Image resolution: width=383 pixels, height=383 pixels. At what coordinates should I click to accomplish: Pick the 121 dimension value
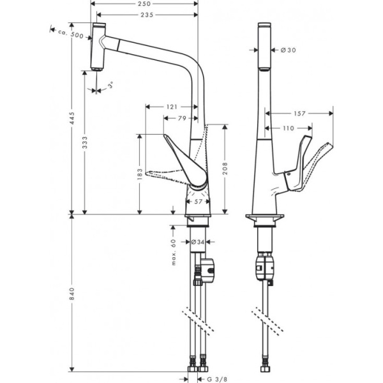[171, 107]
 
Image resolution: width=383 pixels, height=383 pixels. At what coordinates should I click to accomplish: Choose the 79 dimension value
[182, 118]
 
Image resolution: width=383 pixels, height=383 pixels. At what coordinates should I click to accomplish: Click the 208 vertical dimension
[225, 169]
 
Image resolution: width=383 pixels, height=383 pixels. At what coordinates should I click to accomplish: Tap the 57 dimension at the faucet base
[198, 202]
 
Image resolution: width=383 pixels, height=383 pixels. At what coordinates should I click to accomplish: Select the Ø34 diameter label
[198, 242]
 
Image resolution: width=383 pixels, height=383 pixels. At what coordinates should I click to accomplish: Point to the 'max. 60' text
[173, 245]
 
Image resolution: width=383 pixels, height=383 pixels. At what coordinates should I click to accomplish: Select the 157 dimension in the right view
[299, 114]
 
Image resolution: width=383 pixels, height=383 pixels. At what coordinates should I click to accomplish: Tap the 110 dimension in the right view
[289, 128]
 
